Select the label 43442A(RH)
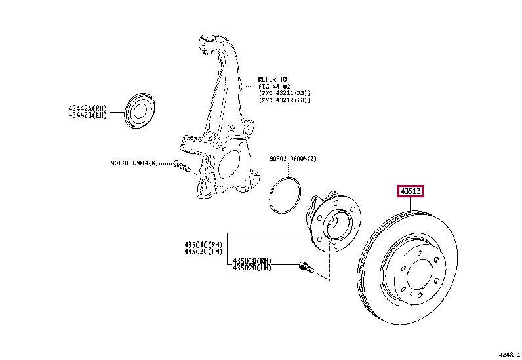click(x=87, y=108)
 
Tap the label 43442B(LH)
click(x=87, y=115)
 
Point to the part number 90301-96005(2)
click(x=292, y=159)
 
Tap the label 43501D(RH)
click(x=252, y=260)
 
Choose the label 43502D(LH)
click(x=252, y=268)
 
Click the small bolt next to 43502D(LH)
click(x=306, y=267)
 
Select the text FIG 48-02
click(x=273, y=86)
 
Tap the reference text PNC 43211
click(x=281, y=93)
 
